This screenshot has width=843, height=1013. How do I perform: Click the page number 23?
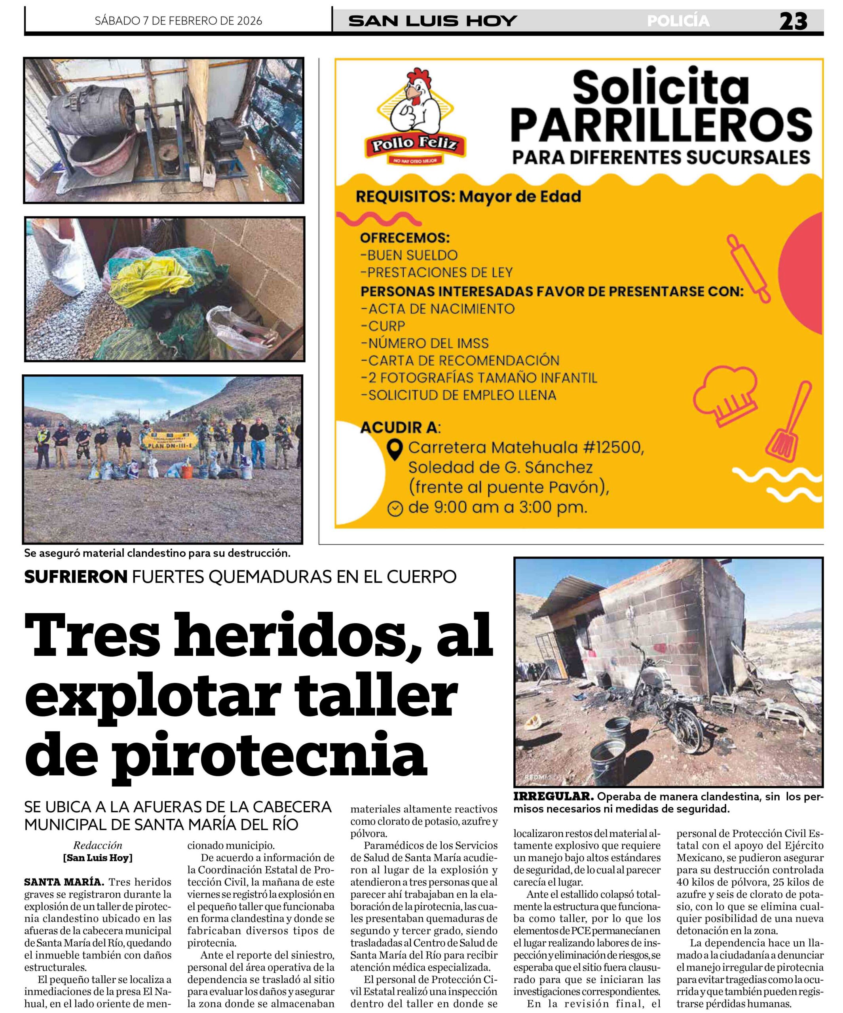793,21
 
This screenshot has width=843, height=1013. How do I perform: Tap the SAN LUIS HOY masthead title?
432,21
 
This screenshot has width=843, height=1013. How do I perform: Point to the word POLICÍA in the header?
678,21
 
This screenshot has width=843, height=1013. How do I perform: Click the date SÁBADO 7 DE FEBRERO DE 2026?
178,21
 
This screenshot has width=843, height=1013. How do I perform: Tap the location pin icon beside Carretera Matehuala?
395,449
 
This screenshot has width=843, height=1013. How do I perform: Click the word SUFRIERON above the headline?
75,577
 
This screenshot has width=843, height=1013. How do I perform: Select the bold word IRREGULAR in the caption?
553,797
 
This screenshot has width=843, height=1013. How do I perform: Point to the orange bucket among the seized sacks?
187,471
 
